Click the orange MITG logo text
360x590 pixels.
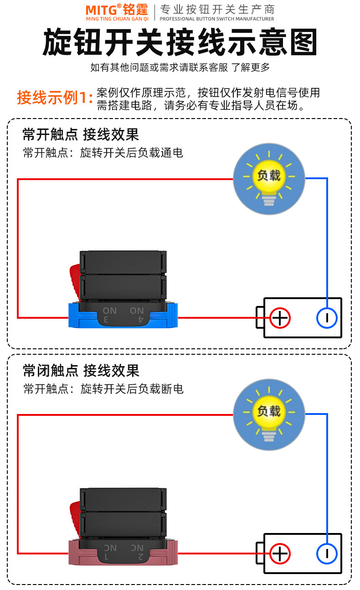(x=101, y=10)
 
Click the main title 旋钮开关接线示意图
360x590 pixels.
(x=180, y=42)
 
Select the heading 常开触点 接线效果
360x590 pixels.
(x=81, y=135)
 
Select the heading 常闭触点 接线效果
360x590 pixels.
(x=81, y=370)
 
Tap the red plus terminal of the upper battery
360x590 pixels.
(x=280, y=318)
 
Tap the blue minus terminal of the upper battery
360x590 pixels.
(x=327, y=318)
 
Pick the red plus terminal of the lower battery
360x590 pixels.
(x=280, y=554)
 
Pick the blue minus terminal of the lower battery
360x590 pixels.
(x=327, y=554)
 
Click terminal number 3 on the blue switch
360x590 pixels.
(x=106, y=320)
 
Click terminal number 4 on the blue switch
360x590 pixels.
(x=141, y=320)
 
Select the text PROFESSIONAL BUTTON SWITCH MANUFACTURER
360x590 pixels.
(x=217, y=19)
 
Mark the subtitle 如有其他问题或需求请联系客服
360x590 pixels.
(x=159, y=67)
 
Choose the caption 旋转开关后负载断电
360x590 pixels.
(x=132, y=389)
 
